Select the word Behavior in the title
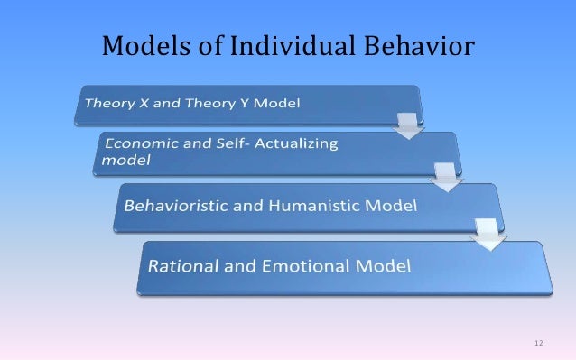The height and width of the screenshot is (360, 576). (418, 43)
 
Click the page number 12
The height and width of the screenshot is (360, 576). (539, 343)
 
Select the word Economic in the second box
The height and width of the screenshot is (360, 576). (139, 144)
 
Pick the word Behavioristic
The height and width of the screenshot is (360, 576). (177, 206)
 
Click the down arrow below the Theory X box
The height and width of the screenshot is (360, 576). (409, 125)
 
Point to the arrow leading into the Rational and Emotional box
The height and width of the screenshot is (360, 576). (488, 236)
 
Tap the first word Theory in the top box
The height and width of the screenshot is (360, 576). (105, 102)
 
